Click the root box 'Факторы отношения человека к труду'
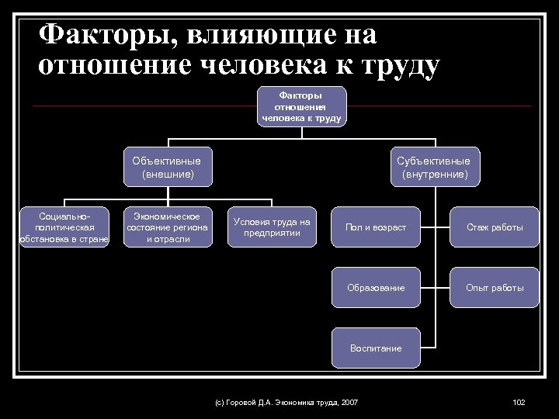302,106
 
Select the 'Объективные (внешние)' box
167,168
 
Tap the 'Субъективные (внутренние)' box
434,168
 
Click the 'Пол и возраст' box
376,227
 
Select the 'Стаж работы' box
494,227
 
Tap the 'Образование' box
376,288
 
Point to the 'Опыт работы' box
494,288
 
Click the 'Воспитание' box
376,348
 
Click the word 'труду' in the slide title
397,65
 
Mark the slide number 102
519,401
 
